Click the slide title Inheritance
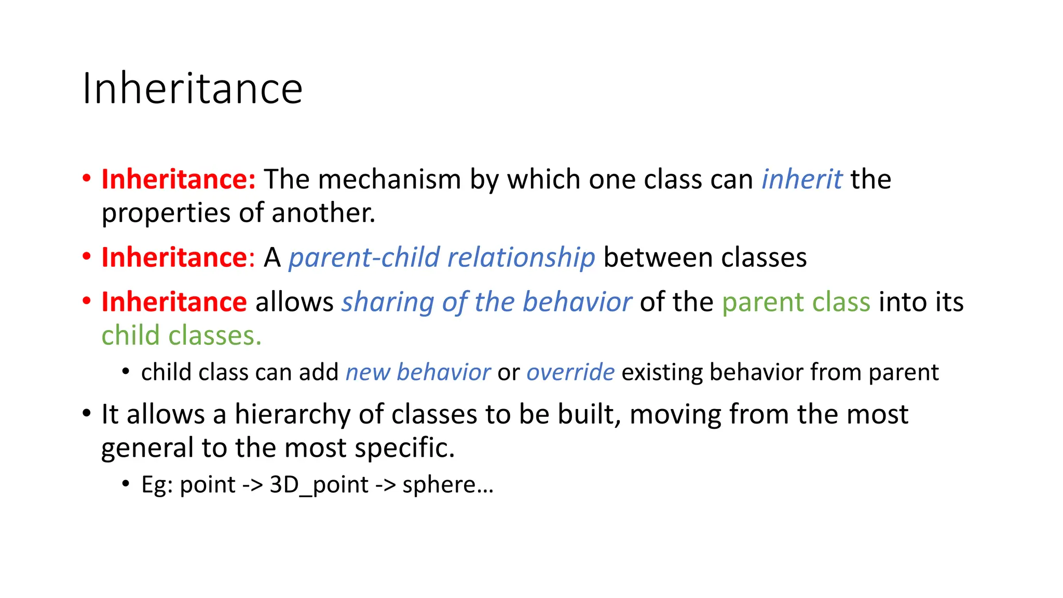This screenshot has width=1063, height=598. click(192, 89)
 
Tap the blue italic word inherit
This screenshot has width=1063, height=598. click(801, 180)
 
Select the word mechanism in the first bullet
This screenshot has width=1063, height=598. click(389, 180)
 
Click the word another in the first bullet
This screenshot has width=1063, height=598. click(322, 213)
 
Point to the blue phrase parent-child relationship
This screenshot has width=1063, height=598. click(442, 258)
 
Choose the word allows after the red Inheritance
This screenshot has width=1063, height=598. click(294, 302)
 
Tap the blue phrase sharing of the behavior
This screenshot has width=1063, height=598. click(486, 302)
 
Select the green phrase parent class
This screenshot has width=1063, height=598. click(796, 302)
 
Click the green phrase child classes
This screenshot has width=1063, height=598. click(181, 336)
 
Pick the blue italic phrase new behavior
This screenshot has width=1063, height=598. click(418, 373)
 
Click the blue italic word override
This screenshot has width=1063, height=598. click(570, 373)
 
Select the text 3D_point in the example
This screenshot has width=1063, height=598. click(319, 485)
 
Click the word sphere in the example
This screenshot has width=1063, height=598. click(439, 485)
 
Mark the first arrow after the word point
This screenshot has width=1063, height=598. click(253, 485)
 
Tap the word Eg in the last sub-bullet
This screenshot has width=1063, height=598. click(156, 485)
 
